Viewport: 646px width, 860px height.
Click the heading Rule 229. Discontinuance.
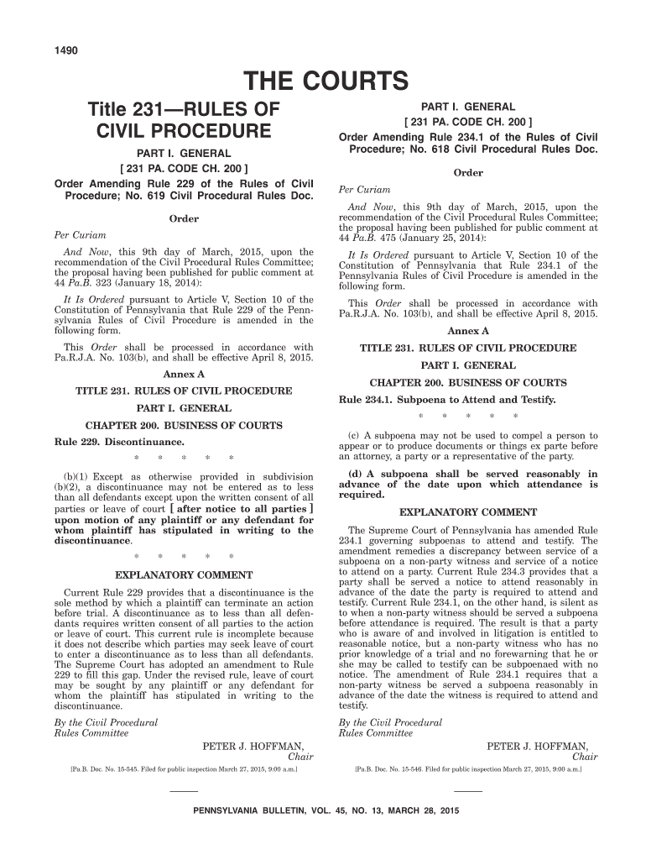pyautogui.click(x=119, y=441)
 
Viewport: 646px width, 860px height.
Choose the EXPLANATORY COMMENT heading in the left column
pyautogui.click(x=183, y=575)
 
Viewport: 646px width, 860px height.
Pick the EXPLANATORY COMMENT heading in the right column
pyautogui.click(x=468, y=511)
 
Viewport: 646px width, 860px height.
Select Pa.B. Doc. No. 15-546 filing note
pyautogui.click(x=468, y=768)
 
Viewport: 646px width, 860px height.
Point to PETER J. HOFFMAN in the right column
pyautogui.click(x=538, y=745)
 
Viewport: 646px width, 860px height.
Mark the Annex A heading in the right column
pyautogui.click(x=468, y=331)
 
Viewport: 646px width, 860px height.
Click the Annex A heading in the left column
pyautogui.click(x=184, y=374)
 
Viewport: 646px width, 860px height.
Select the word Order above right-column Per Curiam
pyautogui.click(x=468, y=173)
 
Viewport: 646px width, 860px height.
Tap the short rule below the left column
pyautogui.click(x=184, y=791)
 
